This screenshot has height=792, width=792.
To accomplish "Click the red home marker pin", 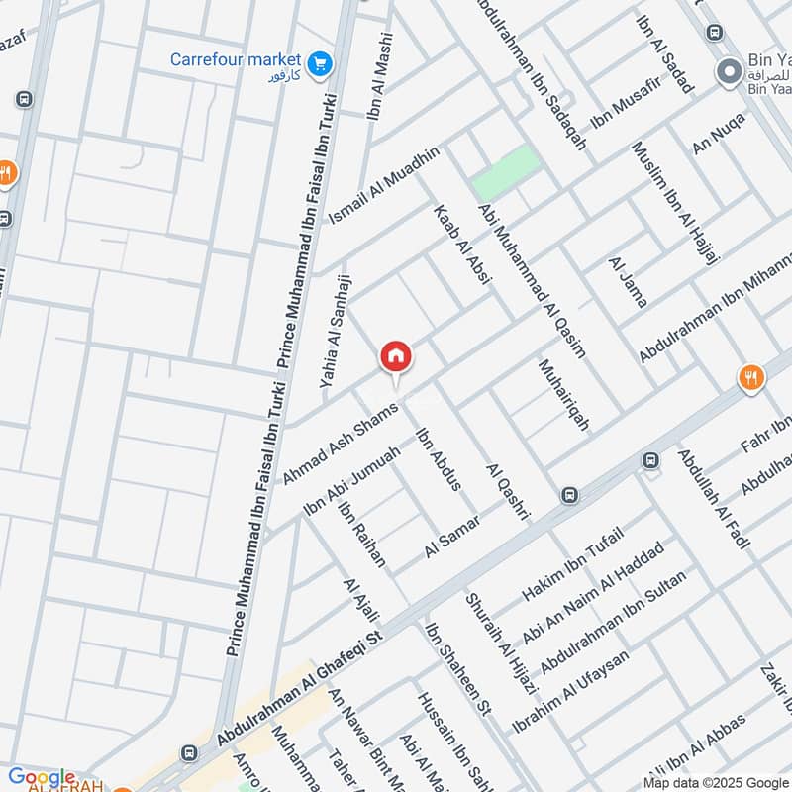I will click(x=396, y=356).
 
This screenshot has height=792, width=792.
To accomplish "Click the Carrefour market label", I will click(x=238, y=59).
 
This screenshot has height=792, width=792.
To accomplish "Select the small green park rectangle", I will click(x=506, y=172).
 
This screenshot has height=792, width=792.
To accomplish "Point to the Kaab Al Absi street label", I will click(x=460, y=246).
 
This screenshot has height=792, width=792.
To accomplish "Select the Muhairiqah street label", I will click(x=563, y=394).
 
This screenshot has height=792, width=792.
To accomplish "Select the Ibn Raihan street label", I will click(x=361, y=534).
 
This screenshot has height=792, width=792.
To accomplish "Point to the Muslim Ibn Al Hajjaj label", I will click(x=676, y=216).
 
